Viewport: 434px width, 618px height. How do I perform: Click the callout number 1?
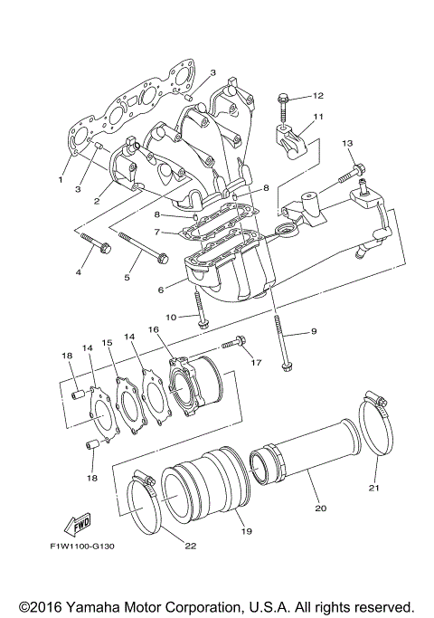click(x=61, y=179)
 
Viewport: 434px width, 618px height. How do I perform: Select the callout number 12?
click(x=318, y=95)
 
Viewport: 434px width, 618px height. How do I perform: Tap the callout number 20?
click(x=319, y=508)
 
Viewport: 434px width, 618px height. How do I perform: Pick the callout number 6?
click(x=160, y=290)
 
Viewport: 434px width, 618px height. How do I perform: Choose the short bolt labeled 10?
click(x=201, y=312)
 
